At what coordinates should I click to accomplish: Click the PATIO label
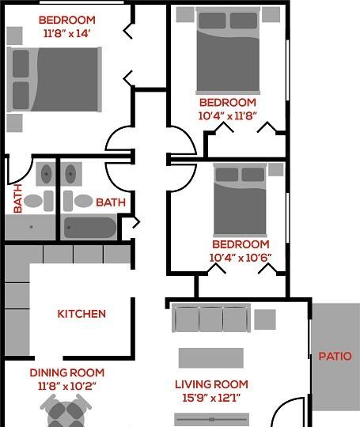click(x=335, y=356)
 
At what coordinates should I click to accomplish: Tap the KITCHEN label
click(x=81, y=314)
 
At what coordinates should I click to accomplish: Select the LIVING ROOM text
click(x=211, y=384)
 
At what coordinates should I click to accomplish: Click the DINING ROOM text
click(x=67, y=372)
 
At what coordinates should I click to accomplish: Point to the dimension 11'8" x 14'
click(x=66, y=33)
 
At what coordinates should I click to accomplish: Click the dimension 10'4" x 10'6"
click(x=241, y=258)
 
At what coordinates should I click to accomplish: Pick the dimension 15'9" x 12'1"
click(x=211, y=398)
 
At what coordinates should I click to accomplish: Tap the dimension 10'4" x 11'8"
click(x=227, y=116)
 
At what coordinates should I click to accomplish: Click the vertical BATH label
click(x=17, y=198)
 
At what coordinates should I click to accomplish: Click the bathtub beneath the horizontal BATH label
click(x=90, y=228)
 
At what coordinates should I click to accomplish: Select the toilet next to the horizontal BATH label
click(x=78, y=201)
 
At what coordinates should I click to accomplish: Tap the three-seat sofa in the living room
click(x=211, y=318)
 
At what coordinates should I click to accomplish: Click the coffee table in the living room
click(x=211, y=358)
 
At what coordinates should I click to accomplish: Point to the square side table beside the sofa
click(x=265, y=319)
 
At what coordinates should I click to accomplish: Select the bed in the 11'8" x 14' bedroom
click(x=55, y=80)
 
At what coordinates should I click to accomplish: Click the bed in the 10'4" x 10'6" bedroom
click(x=240, y=200)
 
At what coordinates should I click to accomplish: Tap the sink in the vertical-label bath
click(x=46, y=174)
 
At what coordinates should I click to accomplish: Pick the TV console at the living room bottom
click(x=211, y=419)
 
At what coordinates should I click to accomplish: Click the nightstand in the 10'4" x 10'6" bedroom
click(x=276, y=170)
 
